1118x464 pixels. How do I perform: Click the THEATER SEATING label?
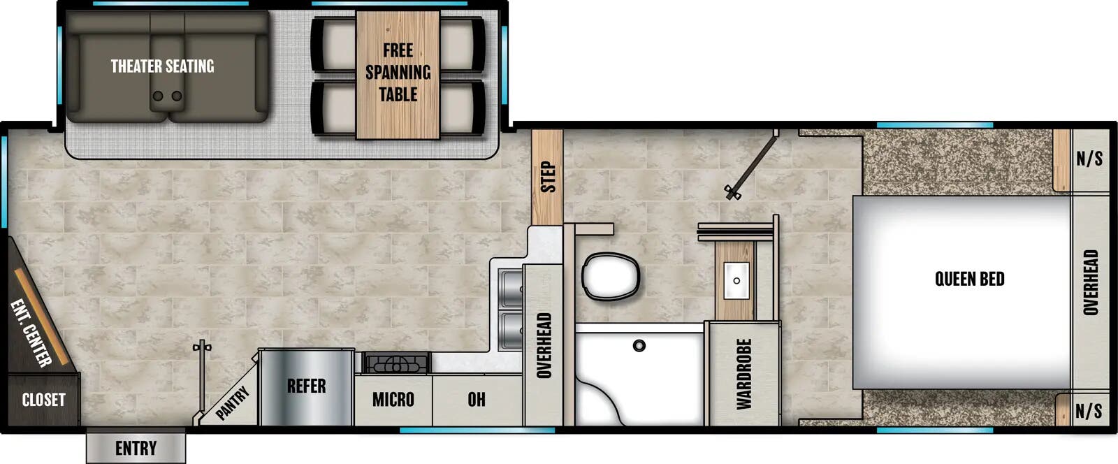point(162,66)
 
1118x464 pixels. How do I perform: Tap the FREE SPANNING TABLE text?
point(398,72)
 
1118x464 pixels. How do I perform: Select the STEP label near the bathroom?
point(548,177)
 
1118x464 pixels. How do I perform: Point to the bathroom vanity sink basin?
point(736,280)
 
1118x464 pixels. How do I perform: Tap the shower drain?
point(639,345)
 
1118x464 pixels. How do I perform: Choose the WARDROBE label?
point(743,374)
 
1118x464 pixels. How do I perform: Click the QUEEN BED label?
point(969,280)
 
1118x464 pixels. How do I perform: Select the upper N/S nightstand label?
point(1089,159)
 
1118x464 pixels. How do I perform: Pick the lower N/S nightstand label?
point(1089,411)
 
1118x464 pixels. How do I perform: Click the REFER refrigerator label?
point(306,386)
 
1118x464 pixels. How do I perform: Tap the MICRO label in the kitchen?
point(393,400)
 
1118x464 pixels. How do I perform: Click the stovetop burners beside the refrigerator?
point(395,363)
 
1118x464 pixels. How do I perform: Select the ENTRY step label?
point(136,448)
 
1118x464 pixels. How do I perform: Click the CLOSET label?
point(43,400)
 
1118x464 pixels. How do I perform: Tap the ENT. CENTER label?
point(31,333)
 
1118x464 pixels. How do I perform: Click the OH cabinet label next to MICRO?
point(477,400)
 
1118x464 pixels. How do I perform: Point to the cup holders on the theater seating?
point(168,96)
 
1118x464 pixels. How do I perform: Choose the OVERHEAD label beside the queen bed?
point(1090,282)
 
